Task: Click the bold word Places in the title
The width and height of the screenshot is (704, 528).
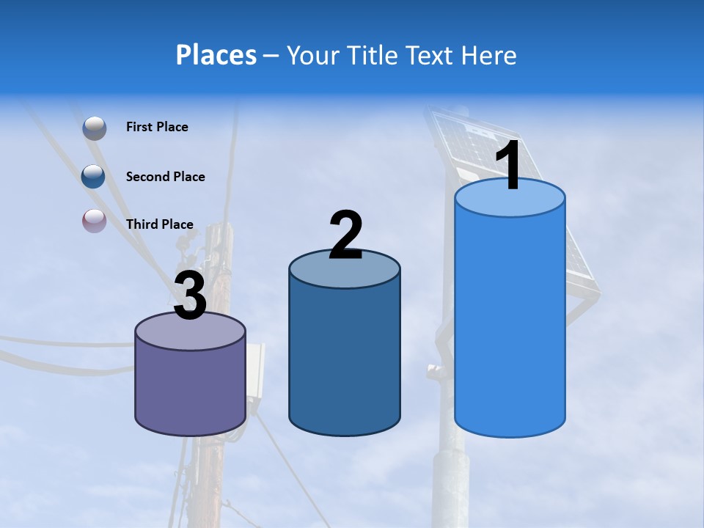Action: (216, 55)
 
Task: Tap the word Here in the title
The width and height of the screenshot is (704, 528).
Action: (489, 55)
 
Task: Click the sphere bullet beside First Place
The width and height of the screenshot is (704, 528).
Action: (94, 128)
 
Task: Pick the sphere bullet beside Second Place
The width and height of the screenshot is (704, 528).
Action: (94, 176)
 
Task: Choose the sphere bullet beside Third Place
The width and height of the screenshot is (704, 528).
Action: (94, 221)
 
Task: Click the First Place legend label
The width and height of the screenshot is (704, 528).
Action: (157, 127)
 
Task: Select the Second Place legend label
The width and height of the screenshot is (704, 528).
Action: (165, 177)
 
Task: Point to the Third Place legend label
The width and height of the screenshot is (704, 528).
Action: (159, 224)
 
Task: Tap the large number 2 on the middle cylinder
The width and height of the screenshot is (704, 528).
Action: (345, 236)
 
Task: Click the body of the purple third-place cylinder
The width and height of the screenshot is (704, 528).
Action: (191, 389)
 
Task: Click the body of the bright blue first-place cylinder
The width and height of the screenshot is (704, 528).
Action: (510, 323)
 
